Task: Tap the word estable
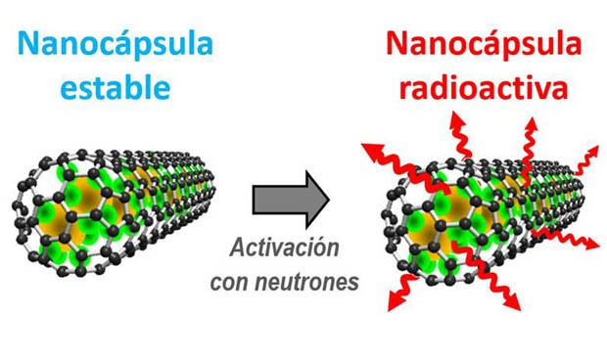pyautogui.click(x=116, y=89)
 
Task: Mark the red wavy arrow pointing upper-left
pyautogui.click(x=382, y=157)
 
